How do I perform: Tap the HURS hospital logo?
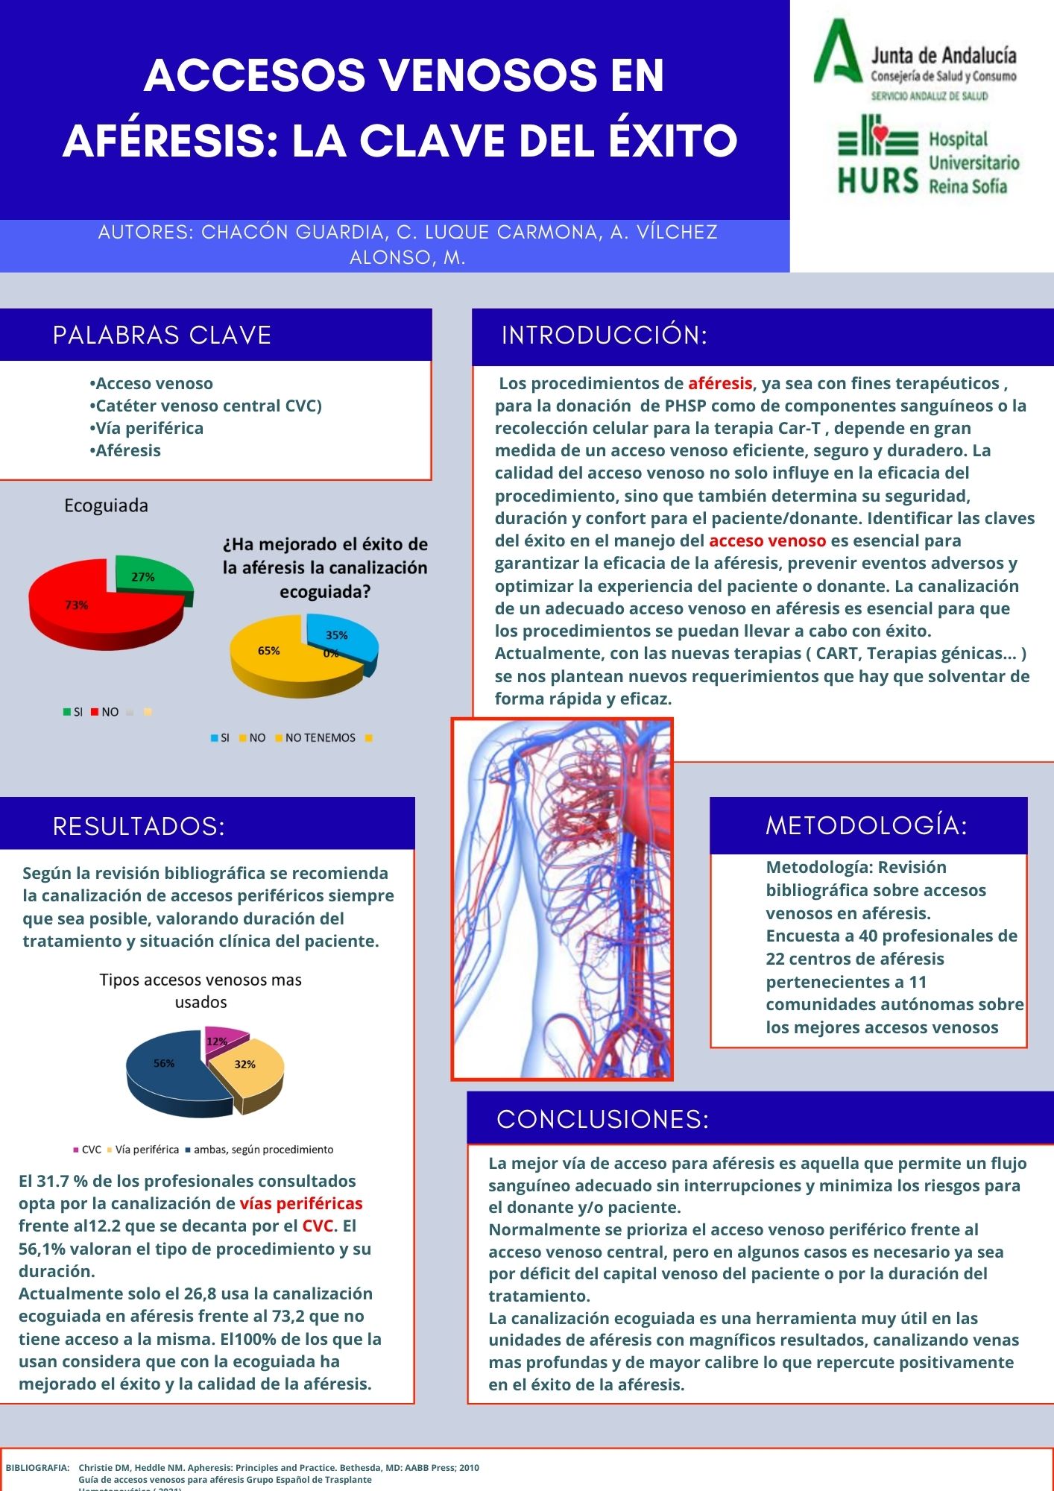[x=927, y=157]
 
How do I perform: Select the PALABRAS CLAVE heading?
[x=162, y=335]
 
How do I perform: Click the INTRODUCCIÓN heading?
[x=604, y=335]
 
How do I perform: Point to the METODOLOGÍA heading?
[x=866, y=825]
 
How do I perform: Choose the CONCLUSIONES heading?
[x=602, y=1119]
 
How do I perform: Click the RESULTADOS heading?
[x=139, y=826]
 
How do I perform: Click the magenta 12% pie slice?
[x=222, y=1038]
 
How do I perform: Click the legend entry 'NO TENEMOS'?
[x=320, y=738]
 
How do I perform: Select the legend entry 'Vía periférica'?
[x=147, y=1150]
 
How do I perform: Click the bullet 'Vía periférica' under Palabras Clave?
[x=149, y=428]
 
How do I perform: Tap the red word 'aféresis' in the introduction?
[x=719, y=383]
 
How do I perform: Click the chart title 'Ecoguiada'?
[x=106, y=505]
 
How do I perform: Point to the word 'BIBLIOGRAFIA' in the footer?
[x=37, y=1467]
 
